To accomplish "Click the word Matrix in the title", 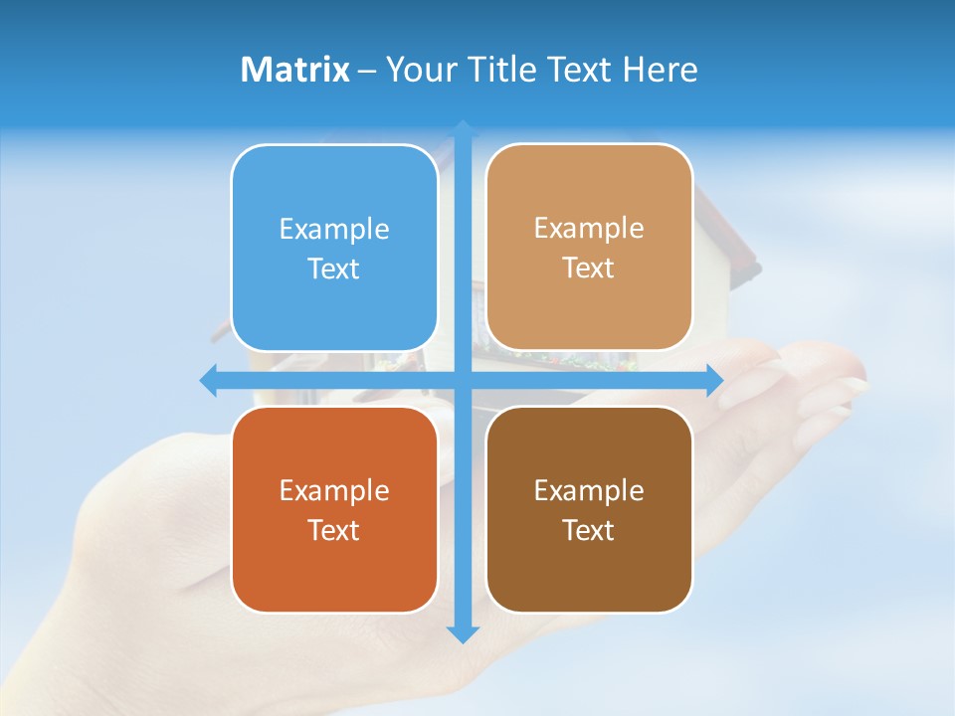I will [x=295, y=70].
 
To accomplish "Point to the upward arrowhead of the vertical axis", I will [x=463, y=129].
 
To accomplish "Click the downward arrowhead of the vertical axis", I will [x=463, y=634].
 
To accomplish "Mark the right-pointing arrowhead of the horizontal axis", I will [x=714, y=380].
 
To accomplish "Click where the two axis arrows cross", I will [x=463, y=380].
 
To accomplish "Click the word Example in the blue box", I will [x=334, y=230].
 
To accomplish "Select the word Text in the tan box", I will [x=589, y=268].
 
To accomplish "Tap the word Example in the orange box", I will [x=334, y=491].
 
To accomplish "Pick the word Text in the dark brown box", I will [x=589, y=531].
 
